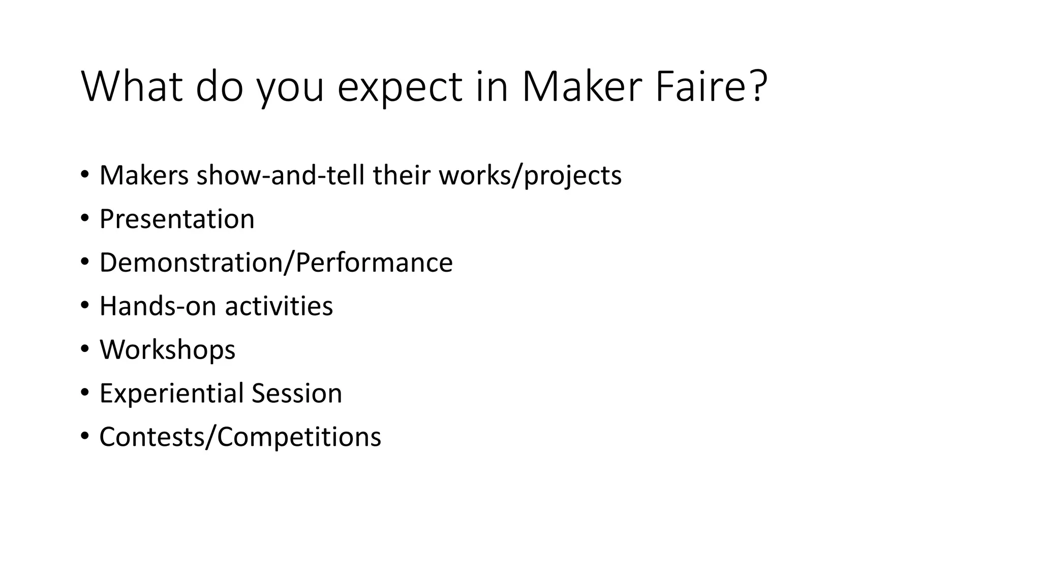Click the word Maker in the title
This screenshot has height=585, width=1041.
click(580, 87)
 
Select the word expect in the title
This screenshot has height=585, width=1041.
click(400, 87)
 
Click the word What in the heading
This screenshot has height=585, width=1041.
click(132, 87)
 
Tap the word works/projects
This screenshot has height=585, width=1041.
click(530, 175)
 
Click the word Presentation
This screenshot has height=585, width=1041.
click(177, 219)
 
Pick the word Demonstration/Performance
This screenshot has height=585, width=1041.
click(276, 263)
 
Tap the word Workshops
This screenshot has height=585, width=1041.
click(167, 350)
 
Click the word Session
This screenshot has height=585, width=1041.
click(296, 394)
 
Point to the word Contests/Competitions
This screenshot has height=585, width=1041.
click(240, 437)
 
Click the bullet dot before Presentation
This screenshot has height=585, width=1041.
click(84, 218)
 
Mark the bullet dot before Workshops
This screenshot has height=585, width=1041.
click(84, 349)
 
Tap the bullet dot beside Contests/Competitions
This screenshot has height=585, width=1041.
click(84, 436)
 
